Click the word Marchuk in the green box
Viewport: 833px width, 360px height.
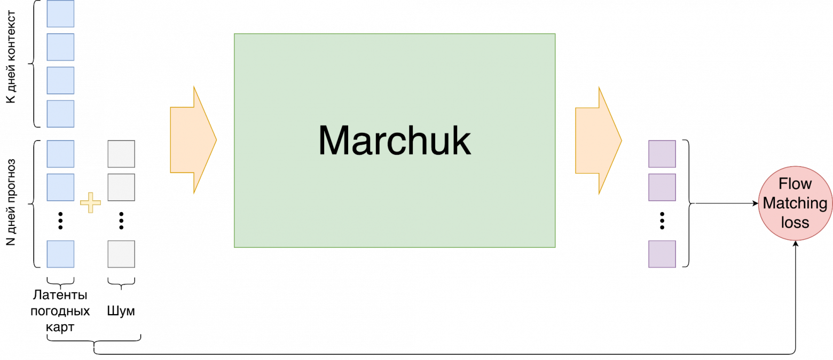point(395,140)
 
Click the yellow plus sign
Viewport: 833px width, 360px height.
point(90,204)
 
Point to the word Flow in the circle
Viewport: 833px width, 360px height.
point(795,184)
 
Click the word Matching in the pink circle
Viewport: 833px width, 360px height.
point(795,203)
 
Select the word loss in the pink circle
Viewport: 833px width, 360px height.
point(795,222)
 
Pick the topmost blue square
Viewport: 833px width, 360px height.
point(60,14)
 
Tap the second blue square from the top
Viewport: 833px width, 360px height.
point(60,47)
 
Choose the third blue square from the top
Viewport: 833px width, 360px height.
point(60,80)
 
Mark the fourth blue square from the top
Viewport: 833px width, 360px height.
point(60,114)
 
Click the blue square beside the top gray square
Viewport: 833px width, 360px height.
point(60,154)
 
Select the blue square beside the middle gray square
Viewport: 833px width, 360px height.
point(60,187)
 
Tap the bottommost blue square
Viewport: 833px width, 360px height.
point(60,254)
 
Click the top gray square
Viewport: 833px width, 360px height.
point(121,154)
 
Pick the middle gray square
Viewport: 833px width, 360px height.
point(121,187)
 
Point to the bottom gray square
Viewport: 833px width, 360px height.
point(121,254)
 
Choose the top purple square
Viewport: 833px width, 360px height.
point(662,154)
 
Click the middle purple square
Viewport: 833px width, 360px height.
point(662,187)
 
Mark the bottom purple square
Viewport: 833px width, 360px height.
point(662,254)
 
